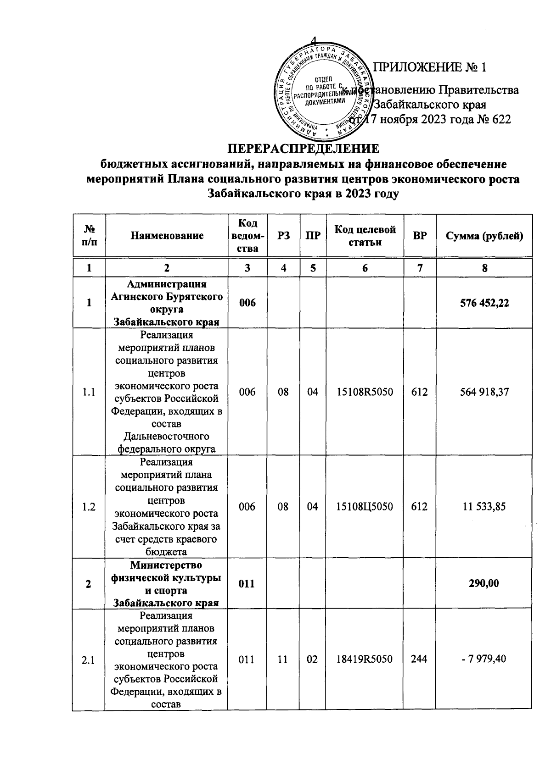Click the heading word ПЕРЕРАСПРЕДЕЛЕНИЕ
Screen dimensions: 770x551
pyautogui.click(x=304, y=149)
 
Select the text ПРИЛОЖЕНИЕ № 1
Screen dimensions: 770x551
pyautogui.click(x=430, y=68)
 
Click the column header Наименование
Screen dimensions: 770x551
pyautogui.click(x=167, y=236)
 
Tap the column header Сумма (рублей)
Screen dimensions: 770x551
pyautogui.click(x=484, y=236)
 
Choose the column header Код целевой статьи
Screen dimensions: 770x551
pyautogui.click(x=365, y=236)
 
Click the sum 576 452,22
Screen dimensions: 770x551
pyautogui.click(x=484, y=303)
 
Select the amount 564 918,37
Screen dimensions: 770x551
pyautogui.click(x=484, y=392)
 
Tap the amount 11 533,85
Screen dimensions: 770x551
pyautogui.click(x=484, y=506)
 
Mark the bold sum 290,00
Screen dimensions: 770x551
pyautogui.click(x=484, y=583)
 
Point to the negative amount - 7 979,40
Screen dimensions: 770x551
pyautogui.click(x=484, y=659)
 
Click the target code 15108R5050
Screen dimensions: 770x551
pyautogui.click(x=365, y=392)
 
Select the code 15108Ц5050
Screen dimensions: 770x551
pyautogui.click(x=365, y=506)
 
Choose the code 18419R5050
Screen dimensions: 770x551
pyautogui.click(x=365, y=659)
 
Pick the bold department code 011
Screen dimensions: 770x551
pyautogui.click(x=247, y=583)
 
